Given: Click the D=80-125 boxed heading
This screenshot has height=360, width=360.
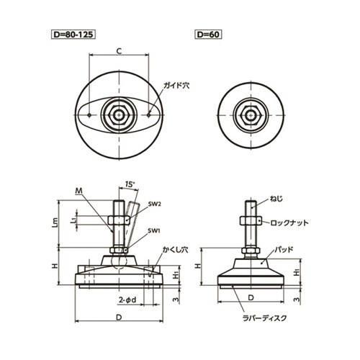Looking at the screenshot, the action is (x=73, y=35).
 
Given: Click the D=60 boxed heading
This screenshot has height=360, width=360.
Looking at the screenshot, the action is (x=208, y=35).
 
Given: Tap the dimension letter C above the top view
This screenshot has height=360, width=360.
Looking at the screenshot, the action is (x=119, y=51).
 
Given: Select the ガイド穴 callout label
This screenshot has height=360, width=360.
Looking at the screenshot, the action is (x=176, y=86).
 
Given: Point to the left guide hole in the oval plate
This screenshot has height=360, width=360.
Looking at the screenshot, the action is (x=89, y=115).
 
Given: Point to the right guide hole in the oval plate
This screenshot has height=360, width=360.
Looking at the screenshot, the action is (x=149, y=115).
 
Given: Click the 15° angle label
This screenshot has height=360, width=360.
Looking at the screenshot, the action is (x=130, y=184).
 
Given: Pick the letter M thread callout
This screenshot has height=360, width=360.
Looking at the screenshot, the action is (x=78, y=191).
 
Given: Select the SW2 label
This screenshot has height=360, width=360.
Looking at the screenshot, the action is (x=154, y=204).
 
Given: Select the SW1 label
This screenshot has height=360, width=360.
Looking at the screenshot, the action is (x=154, y=231).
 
